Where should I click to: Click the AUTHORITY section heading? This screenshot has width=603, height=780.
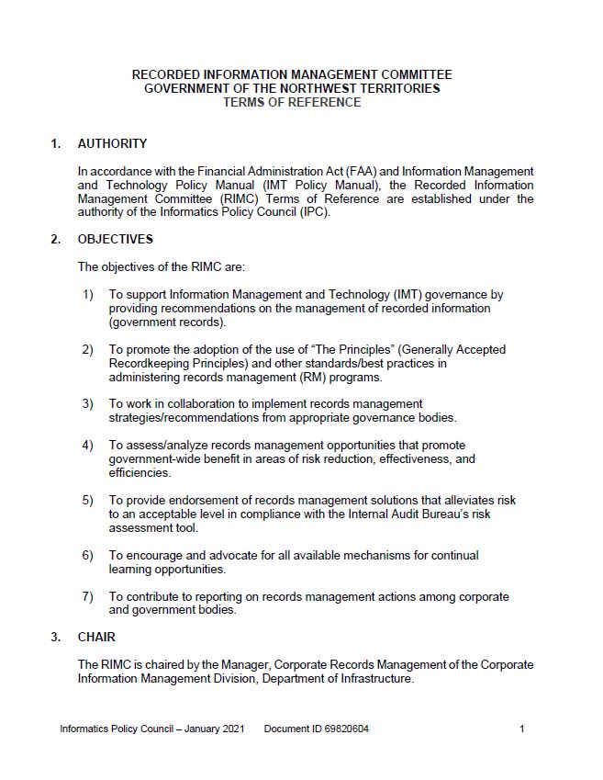(x=112, y=143)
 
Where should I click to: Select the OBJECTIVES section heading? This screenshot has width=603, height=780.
(x=116, y=240)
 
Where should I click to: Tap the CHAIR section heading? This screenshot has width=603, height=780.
(x=96, y=637)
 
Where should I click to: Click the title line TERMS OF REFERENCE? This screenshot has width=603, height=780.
(x=292, y=103)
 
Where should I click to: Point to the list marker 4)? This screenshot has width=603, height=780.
(x=88, y=446)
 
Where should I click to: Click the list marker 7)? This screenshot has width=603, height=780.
(x=88, y=596)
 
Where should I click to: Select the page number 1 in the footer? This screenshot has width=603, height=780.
(x=521, y=729)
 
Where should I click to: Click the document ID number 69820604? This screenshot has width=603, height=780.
(x=343, y=729)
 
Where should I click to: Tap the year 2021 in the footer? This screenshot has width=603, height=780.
(x=232, y=729)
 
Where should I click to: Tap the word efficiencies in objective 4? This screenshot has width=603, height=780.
(x=140, y=473)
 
